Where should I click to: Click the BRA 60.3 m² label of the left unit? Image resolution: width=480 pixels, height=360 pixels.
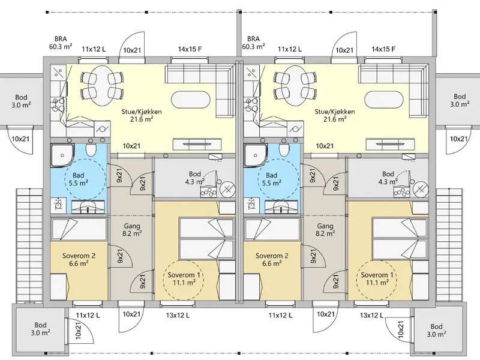61,43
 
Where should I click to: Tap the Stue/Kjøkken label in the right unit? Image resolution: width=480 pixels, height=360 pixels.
335,112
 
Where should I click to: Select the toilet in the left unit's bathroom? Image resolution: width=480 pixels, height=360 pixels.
91,150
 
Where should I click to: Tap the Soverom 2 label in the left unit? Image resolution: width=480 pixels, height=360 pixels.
79,256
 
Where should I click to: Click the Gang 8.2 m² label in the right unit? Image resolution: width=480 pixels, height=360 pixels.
325,230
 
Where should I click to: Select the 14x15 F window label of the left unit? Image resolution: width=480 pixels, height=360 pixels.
190,49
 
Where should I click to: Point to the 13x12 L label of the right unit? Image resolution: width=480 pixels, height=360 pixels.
371,315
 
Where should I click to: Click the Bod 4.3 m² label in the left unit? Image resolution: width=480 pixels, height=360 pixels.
194,178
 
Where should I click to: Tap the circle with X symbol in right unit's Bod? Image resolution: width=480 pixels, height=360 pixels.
421,189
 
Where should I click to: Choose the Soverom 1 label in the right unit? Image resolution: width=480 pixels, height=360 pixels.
377,275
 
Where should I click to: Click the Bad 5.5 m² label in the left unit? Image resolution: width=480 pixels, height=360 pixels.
79,179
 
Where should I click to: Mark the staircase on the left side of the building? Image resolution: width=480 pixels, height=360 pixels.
28,245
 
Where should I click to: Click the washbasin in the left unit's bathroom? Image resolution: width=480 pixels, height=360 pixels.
88,207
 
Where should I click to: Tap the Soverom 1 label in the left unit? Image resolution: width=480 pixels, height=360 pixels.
184,275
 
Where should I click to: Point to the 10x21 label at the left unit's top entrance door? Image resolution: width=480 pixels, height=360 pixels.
131,50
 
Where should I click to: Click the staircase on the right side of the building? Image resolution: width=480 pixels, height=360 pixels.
449,245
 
